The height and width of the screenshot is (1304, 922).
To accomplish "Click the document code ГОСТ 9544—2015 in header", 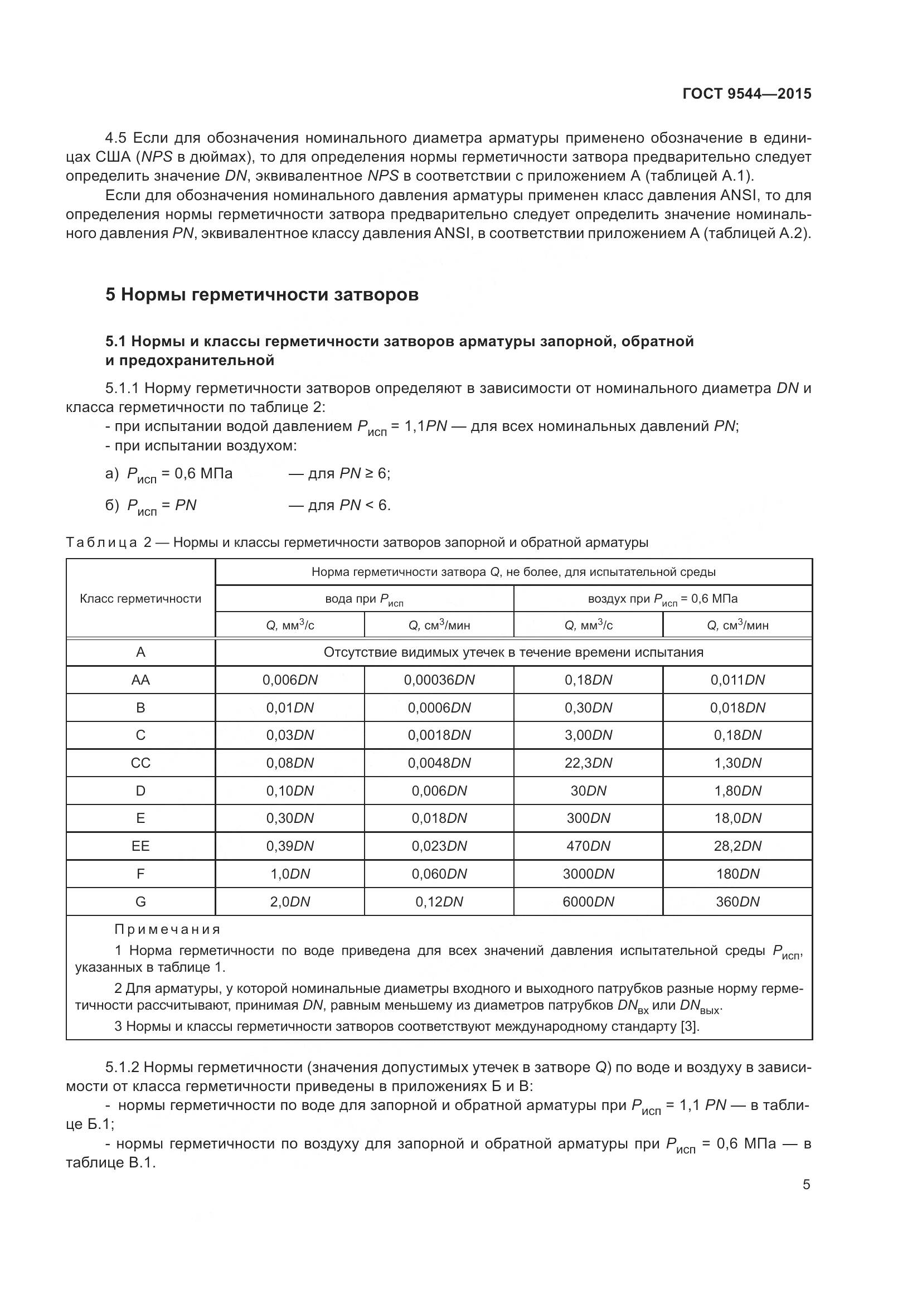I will pyautogui.click(x=746, y=94).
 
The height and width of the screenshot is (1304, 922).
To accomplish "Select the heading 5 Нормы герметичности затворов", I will pyautogui.click(x=262, y=295).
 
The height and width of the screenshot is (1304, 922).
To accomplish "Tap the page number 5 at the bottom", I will pyautogui.click(x=806, y=1184).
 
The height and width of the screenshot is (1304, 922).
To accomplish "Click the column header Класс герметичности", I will pyautogui.click(x=140, y=599).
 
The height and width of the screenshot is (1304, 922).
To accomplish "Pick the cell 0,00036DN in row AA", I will pyautogui.click(x=439, y=680).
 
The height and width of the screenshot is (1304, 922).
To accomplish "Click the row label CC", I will pyautogui.click(x=140, y=763).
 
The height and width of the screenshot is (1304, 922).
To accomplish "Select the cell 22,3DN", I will pyautogui.click(x=588, y=763).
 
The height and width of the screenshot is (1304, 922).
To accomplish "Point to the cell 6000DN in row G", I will pyautogui.click(x=588, y=901).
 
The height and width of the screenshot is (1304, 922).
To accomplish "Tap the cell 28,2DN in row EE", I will pyautogui.click(x=737, y=846).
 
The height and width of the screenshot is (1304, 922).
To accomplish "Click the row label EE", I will pyautogui.click(x=140, y=846).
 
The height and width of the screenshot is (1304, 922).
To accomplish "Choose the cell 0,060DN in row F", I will pyautogui.click(x=439, y=874).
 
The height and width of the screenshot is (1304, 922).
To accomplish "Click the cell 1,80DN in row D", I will pyautogui.click(x=737, y=791).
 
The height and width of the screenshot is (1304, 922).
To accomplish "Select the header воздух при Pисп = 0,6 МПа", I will pyautogui.click(x=663, y=599).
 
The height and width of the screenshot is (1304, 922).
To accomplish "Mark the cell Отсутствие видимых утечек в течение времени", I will pyautogui.click(x=513, y=652).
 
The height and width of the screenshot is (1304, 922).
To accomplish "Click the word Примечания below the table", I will pyautogui.click(x=167, y=930).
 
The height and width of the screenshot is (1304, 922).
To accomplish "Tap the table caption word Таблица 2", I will pyautogui.click(x=109, y=542).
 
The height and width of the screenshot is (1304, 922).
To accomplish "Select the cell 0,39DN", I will pyautogui.click(x=289, y=846).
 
